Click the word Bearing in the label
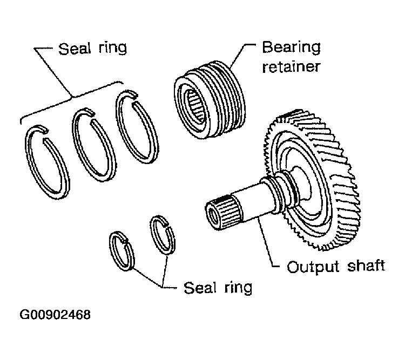tap(291, 48)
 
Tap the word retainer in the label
tap(291, 66)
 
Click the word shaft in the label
tap(366, 266)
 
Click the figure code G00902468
tap(55, 315)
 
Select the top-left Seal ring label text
tap(92, 48)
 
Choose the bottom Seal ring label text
tap(218, 288)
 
